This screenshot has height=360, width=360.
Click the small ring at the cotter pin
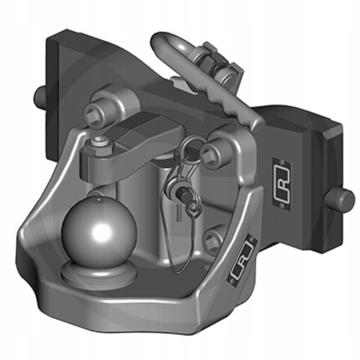point(193,207)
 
